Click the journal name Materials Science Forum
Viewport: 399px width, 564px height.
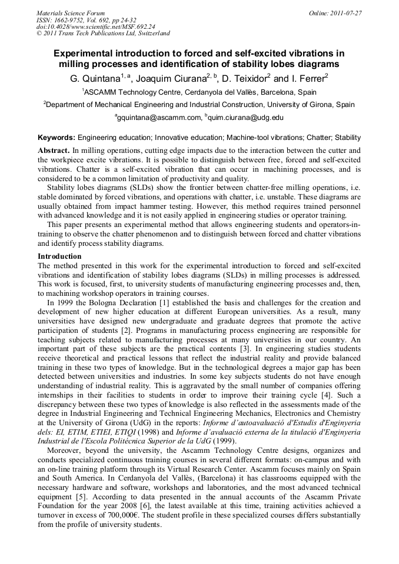click(71, 12)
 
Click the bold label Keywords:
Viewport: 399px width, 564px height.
click(56, 138)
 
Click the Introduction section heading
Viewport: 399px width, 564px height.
click(59, 256)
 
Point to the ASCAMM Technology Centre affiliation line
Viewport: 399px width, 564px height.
click(199, 92)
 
